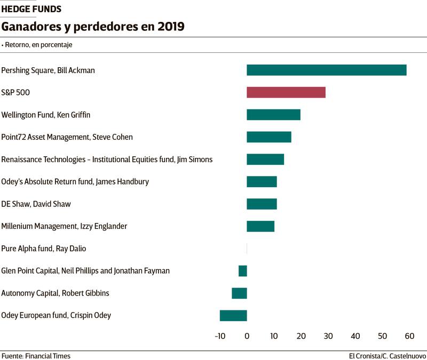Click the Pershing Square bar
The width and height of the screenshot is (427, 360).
(326, 70)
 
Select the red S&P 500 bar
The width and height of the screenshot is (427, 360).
(286, 92)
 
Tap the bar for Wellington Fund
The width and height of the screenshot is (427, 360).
(273, 115)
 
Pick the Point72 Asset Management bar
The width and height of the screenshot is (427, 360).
(268, 137)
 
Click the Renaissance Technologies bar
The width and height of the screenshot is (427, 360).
(265, 159)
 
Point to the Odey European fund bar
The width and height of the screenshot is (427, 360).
(233, 315)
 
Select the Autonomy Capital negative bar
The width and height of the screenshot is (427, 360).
(239, 293)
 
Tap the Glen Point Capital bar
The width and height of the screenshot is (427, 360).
(243, 271)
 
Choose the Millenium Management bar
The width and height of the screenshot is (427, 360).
(260, 226)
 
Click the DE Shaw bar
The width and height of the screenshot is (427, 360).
(262, 204)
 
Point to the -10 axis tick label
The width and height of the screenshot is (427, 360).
(220, 336)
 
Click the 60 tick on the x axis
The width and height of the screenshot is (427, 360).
(409, 336)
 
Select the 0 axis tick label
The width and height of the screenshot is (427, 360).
(247, 336)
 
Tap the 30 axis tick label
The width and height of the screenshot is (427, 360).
(328, 336)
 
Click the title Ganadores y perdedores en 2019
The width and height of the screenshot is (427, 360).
(93, 27)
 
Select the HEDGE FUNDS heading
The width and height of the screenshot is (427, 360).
(31, 9)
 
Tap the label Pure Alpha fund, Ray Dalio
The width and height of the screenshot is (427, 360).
(44, 249)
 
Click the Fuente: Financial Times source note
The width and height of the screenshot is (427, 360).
(36, 356)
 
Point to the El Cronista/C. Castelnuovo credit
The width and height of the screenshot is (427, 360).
(388, 356)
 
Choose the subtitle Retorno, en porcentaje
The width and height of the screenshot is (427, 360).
(38, 45)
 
